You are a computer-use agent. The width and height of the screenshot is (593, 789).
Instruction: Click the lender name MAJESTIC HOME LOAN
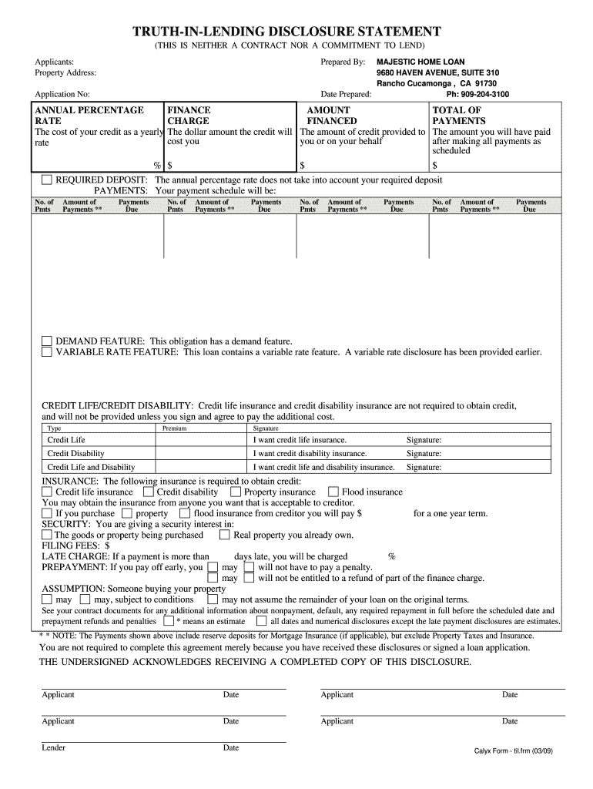(x=420, y=61)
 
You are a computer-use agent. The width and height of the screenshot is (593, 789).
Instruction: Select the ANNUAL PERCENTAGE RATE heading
(x=89, y=116)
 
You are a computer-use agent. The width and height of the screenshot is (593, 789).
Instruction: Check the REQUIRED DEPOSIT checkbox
(x=47, y=180)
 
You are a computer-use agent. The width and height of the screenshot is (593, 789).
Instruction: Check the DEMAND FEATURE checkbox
(x=47, y=341)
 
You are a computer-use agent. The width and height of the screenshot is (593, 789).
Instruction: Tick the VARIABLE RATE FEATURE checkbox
(x=47, y=352)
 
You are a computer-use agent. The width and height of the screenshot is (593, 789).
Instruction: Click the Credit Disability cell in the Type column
(x=75, y=454)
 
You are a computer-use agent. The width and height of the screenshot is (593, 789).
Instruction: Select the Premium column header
(x=174, y=428)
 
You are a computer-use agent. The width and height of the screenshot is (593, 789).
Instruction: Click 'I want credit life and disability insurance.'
(x=323, y=467)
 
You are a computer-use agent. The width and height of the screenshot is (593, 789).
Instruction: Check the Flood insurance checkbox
(x=333, y=492)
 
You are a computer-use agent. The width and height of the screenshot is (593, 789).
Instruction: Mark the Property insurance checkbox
(x=236, y=492)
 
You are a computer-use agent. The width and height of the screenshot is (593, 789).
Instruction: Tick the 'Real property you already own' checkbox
(x=225, y=535)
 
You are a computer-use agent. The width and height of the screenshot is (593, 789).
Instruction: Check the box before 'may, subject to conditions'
(x=85, y=599)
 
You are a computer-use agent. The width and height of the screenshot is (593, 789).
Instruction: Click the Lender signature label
(x=53, y=747)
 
